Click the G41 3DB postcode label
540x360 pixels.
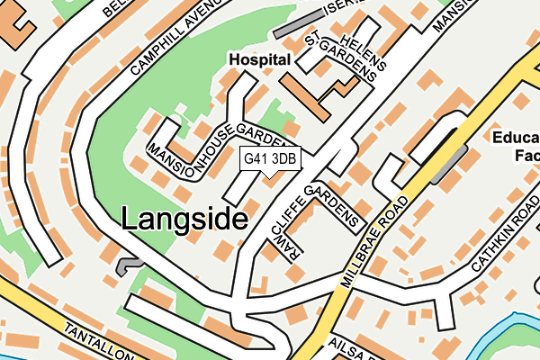pos(269,158)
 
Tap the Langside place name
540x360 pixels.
pos(184,218)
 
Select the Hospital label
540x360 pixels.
pos(259,58)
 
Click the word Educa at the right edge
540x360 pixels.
pos(515,138)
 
